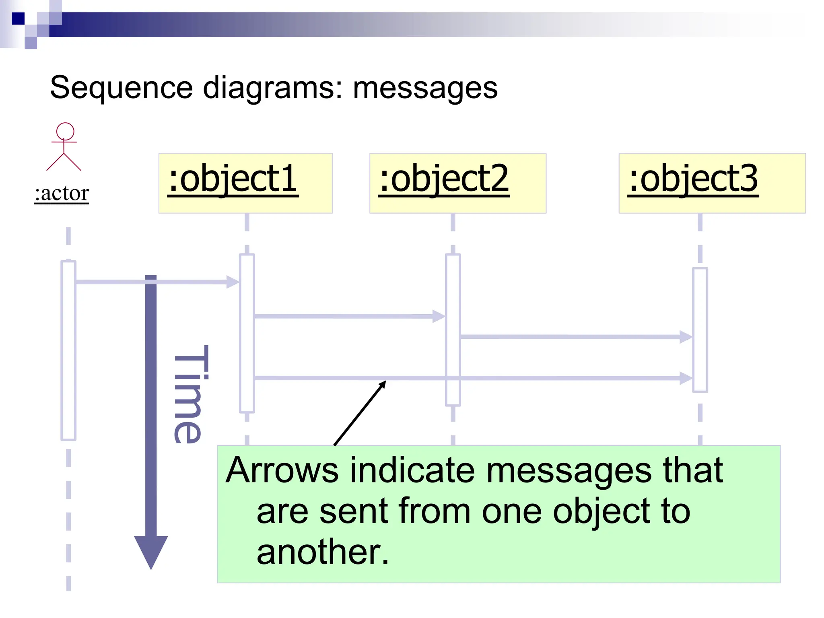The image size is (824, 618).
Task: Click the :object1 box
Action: click(x=245, y=183)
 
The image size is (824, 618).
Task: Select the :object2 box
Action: click(x=457, y=183)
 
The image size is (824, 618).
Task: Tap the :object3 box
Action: click(x=712, y=183)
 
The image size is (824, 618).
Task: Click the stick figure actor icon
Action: click(x=64, y=147)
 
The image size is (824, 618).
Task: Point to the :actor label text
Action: click(x=62, y=194)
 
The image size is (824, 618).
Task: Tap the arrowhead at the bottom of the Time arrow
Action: click(x=151, y=551)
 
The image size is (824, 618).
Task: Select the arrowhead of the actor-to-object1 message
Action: click(x=233, y=282)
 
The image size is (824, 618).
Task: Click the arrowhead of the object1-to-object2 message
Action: click(x=439, y=316)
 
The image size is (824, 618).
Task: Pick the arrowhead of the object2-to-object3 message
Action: click(x=686, y=337)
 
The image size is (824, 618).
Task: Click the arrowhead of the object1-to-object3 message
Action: click(x=686, y=378)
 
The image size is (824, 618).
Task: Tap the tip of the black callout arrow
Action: click(x=385, y=382)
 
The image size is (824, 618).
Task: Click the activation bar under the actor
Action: click(x=68, y=350)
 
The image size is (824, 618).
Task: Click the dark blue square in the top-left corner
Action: click(x=18, y=19)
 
